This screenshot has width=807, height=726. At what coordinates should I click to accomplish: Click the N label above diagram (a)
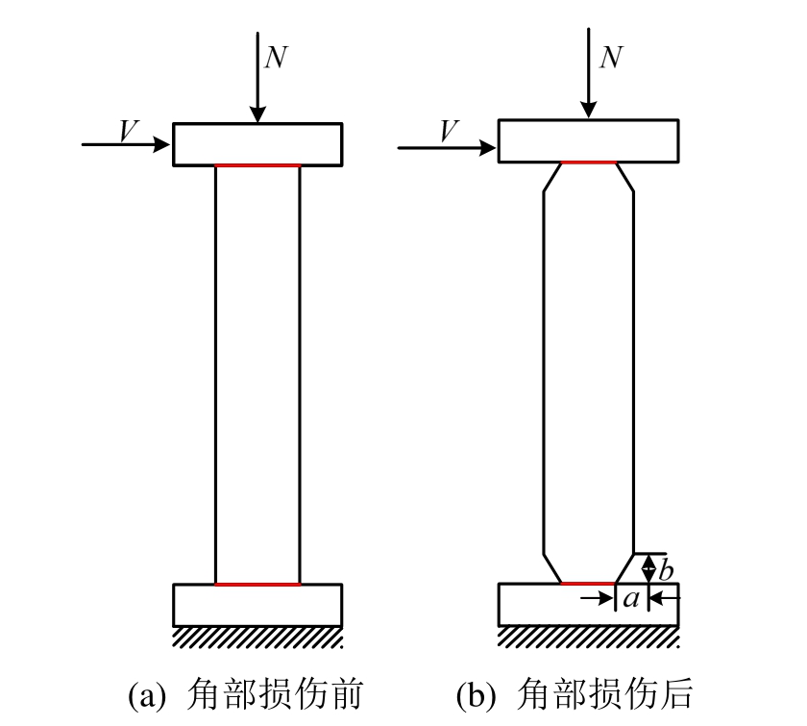(x=276, y=59)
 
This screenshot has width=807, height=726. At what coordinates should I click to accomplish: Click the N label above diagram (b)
(x=610, y=59)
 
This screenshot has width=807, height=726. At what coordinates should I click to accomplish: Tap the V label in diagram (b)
(x=448, y=132)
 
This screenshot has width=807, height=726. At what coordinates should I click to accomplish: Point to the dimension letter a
(x=630, y=599)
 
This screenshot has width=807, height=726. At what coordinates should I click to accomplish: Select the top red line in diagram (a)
(x=257, y=165)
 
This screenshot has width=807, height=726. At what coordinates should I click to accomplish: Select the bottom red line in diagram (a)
(x=257, y=584)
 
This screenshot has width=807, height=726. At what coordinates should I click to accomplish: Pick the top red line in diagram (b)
(x=589, y=163)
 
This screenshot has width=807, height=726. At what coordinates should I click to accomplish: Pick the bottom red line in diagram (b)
(x=587, y=583)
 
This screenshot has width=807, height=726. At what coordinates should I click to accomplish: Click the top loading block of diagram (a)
(x=257, y=144)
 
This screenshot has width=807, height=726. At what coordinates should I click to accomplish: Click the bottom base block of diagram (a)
(x=257, y=605)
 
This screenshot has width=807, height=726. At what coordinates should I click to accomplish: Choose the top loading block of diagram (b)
(x=588, y=140)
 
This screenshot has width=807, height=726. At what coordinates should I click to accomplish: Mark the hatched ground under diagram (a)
(x=257, y=637)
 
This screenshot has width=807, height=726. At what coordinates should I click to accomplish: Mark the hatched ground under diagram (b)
(x=588, y=637)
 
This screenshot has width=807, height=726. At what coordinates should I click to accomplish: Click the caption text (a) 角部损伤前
(x=245, y=693)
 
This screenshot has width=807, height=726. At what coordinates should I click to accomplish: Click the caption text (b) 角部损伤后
(x=575, y=693)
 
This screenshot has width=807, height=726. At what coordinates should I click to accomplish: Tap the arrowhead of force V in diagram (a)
(x=162, y=145)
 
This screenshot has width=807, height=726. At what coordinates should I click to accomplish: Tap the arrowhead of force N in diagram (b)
(x=589, y=112)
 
